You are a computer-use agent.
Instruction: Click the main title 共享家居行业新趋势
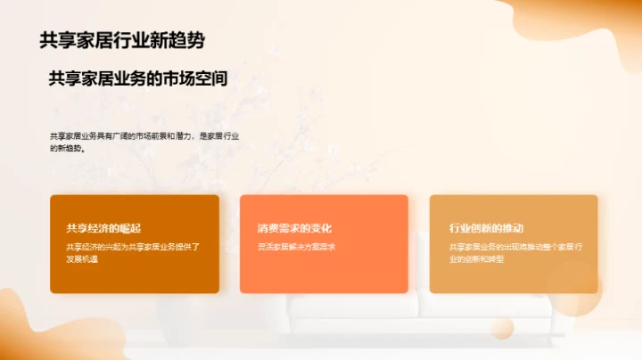(x=128, y=40)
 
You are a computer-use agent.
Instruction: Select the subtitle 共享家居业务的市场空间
(x=138, y=78)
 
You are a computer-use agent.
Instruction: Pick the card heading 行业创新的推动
(x=486, y=228)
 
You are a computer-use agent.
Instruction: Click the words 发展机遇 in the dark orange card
(x=80, y=258)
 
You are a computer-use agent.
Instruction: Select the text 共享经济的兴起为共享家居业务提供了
(x=132, y=247)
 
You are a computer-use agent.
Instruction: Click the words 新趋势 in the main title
(x=188, y=40)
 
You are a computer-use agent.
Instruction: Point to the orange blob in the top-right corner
(x=597, y=22)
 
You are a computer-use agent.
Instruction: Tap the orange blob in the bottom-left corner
(x=45, y=330)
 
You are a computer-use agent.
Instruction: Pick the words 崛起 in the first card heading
(x=129, y=228)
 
